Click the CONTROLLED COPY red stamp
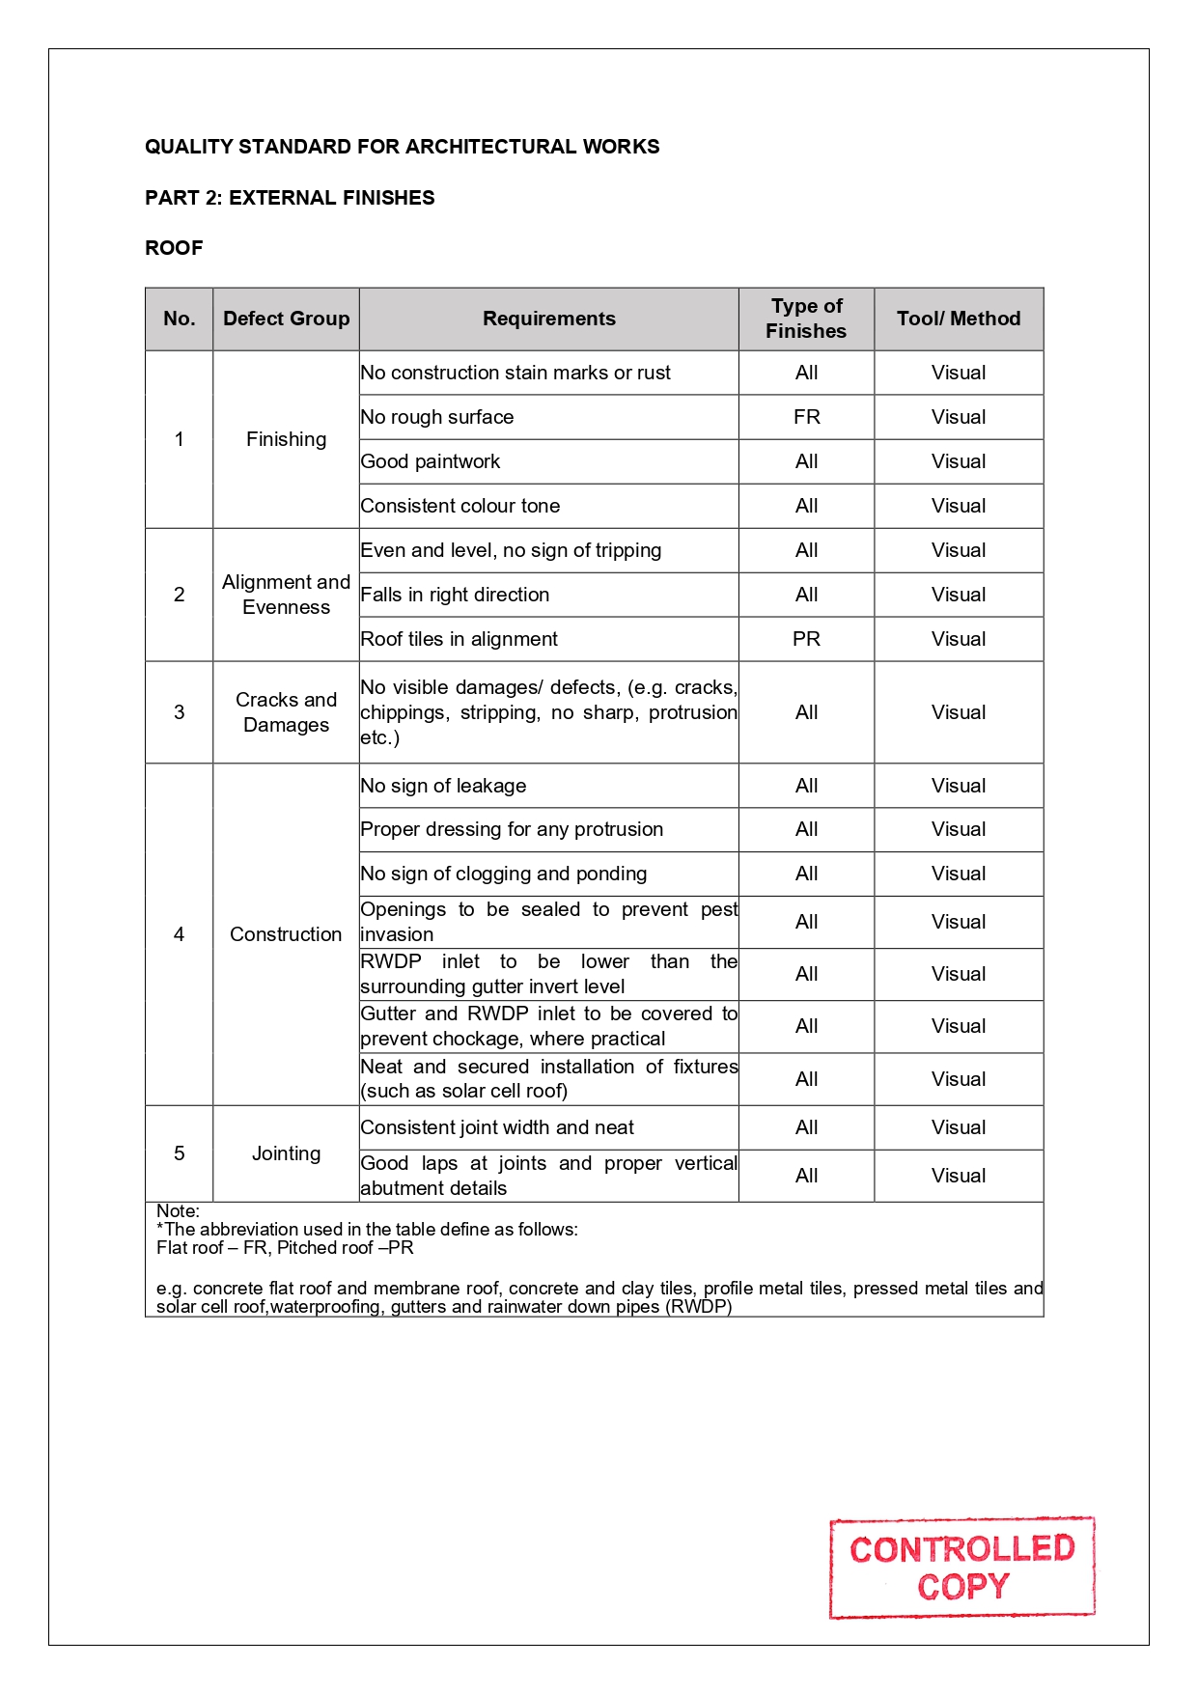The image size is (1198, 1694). pos(961,1568)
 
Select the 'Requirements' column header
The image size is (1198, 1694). pos(548,319)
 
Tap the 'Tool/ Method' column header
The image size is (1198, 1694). pos(958,319)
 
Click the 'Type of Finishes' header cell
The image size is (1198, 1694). pos(806,319)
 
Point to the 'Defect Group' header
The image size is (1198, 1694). pos(286,319)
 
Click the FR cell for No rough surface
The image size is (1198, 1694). pos(806,417)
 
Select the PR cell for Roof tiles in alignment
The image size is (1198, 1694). pos(806,639)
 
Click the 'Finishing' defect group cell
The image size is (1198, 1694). pos(286,439)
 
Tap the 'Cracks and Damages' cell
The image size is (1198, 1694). pos(286,712)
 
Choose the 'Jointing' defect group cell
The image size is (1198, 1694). pos(286,1153)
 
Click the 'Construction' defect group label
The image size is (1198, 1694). pos(286,934)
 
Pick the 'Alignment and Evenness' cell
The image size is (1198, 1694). pos(286,595)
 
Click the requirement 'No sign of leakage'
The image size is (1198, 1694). pos(443,786)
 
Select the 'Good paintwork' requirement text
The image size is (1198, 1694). pos(431,461)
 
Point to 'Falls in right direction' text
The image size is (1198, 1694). pos(455,595)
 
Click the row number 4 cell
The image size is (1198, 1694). pos(179,934)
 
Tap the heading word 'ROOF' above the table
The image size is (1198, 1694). pos(174,248)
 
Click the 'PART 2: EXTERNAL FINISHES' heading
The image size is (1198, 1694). pos(290,198)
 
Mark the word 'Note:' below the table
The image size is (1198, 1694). pos(178,1211)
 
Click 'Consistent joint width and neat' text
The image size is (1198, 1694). pos(497,1127)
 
